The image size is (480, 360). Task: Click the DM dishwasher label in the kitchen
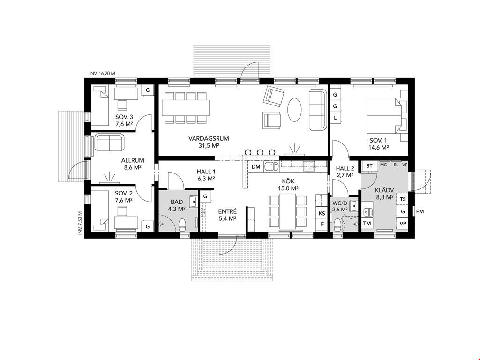coord(255,167)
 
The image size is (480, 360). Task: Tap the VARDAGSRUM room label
coord(209,138)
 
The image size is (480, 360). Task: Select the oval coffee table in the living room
coord(295,110)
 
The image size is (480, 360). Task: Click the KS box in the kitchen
coord(322,213)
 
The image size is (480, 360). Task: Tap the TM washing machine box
coord(367,224)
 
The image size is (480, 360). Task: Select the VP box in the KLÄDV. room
coord(403,224)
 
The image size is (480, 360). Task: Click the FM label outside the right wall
coord(420,211)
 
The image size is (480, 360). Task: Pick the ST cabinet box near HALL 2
coord(369,166)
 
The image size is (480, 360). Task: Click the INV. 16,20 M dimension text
coord(102,74)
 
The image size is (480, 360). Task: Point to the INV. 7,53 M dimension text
coord(80,223)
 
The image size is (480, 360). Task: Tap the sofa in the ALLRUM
coord(110,142)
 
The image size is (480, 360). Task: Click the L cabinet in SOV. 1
coord(335,118)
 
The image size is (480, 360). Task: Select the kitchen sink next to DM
coord(271,166)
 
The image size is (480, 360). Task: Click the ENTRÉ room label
coord(227,211)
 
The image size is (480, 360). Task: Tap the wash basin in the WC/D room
coord(353,205)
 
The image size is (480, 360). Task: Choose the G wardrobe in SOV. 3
coord(148,90)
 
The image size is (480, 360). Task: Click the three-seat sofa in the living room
coord(317,110)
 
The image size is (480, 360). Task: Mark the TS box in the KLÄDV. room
coord(403,199)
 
